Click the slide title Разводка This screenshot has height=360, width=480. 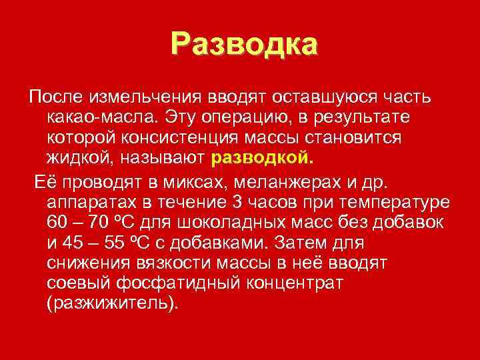pos(244,43)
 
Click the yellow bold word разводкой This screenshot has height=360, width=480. pos(261,159)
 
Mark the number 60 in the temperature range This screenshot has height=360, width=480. pos(59,223)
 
